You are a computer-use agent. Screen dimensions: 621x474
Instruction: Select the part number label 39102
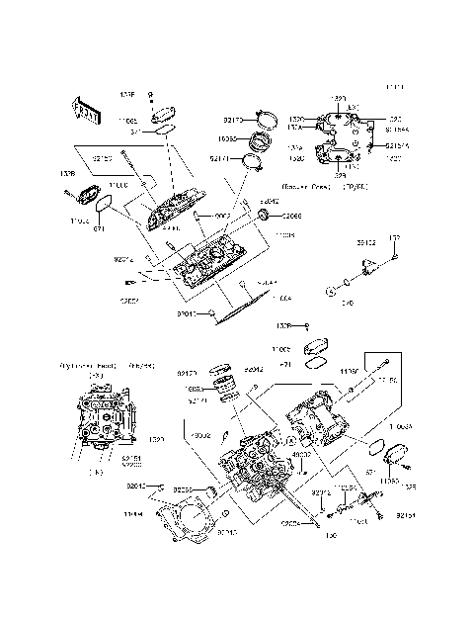tap(366, 240)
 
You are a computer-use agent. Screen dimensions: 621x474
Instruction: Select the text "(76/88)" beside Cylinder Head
tap(141, 365)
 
